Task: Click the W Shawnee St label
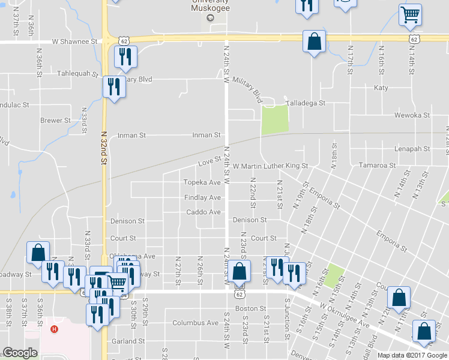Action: pos(74,42)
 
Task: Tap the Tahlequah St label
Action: pos(77,73)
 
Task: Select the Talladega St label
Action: pos(304,103)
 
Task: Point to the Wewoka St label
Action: pos(412,115)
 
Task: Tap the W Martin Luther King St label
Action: pos(270,166)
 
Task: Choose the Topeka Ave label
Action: pos(202,182)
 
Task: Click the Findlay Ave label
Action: pos(202,197)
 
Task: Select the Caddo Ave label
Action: pos(203,212)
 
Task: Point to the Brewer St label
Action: pos(55,120)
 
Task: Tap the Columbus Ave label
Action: pos(195,323)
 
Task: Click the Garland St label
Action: pos(125,341)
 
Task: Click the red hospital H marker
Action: pos(55,329)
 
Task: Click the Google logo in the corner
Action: pos(20,353)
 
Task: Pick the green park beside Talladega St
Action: pos(274,119)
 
